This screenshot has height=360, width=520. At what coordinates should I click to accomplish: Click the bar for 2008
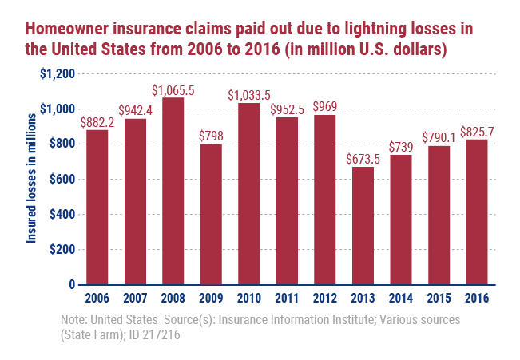pyautogui.click(x=173, y=191)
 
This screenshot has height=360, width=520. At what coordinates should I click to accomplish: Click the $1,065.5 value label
pyautogui.click(x=173, y=89)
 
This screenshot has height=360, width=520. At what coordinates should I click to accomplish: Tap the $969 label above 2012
pyautogui.click(x=325, y=106)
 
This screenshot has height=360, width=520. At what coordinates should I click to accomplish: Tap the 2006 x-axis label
pyautogui.click(x=97, y=299)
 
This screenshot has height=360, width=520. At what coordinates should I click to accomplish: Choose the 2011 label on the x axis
pyautogui.click(x=288, y=299)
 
